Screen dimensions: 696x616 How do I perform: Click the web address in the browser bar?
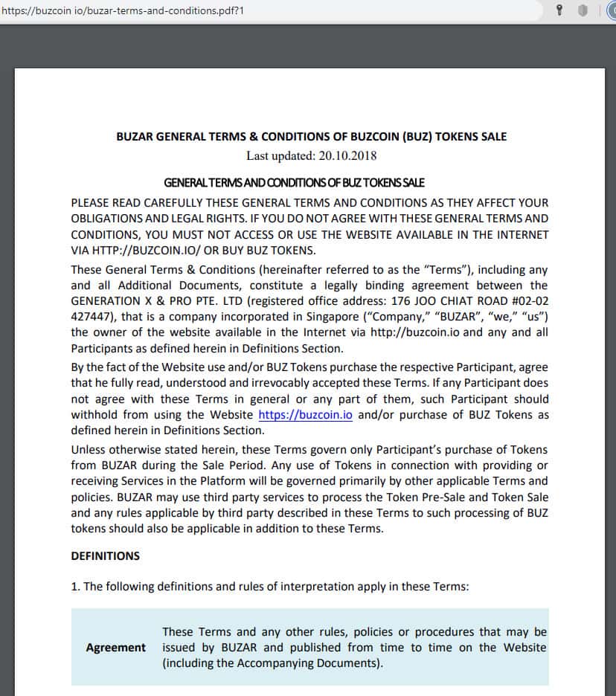point(123,11)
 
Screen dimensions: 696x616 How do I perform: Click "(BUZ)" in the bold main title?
point(417,137)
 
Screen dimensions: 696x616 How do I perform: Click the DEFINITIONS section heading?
point(105,555)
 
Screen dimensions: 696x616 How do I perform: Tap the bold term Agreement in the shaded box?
point(115,648)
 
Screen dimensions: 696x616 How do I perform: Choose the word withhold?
point(95,415)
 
